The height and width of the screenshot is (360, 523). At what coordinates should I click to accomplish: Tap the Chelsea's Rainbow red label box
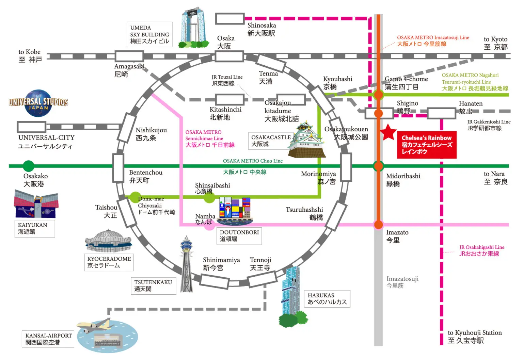(x=426, y=145)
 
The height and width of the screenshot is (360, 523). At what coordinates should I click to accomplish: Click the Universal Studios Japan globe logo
(x=38, y=103)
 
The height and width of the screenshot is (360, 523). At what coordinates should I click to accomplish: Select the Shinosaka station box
(x=230, y=19)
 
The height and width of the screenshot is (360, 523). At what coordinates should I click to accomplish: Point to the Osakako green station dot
(x=29, y=166)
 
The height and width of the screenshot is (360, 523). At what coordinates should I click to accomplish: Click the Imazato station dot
(x=378, y=225)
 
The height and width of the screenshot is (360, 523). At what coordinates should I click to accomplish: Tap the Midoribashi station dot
(x=378, y=166)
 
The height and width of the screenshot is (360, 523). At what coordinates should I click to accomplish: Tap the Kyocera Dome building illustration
(x=108, y=241)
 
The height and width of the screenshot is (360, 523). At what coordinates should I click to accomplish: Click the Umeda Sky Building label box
(x=150, y=34)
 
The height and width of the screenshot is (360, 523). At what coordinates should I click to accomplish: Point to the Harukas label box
(x=327, y=298)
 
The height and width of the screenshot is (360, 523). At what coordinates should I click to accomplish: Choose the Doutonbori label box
(x=239, y=236)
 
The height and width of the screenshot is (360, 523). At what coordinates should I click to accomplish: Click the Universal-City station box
(x=32, y=127)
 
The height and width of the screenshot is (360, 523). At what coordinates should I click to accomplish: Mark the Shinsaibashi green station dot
(x=209, y=197)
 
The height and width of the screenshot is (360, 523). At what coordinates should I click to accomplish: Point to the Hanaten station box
(x=441, y=113)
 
